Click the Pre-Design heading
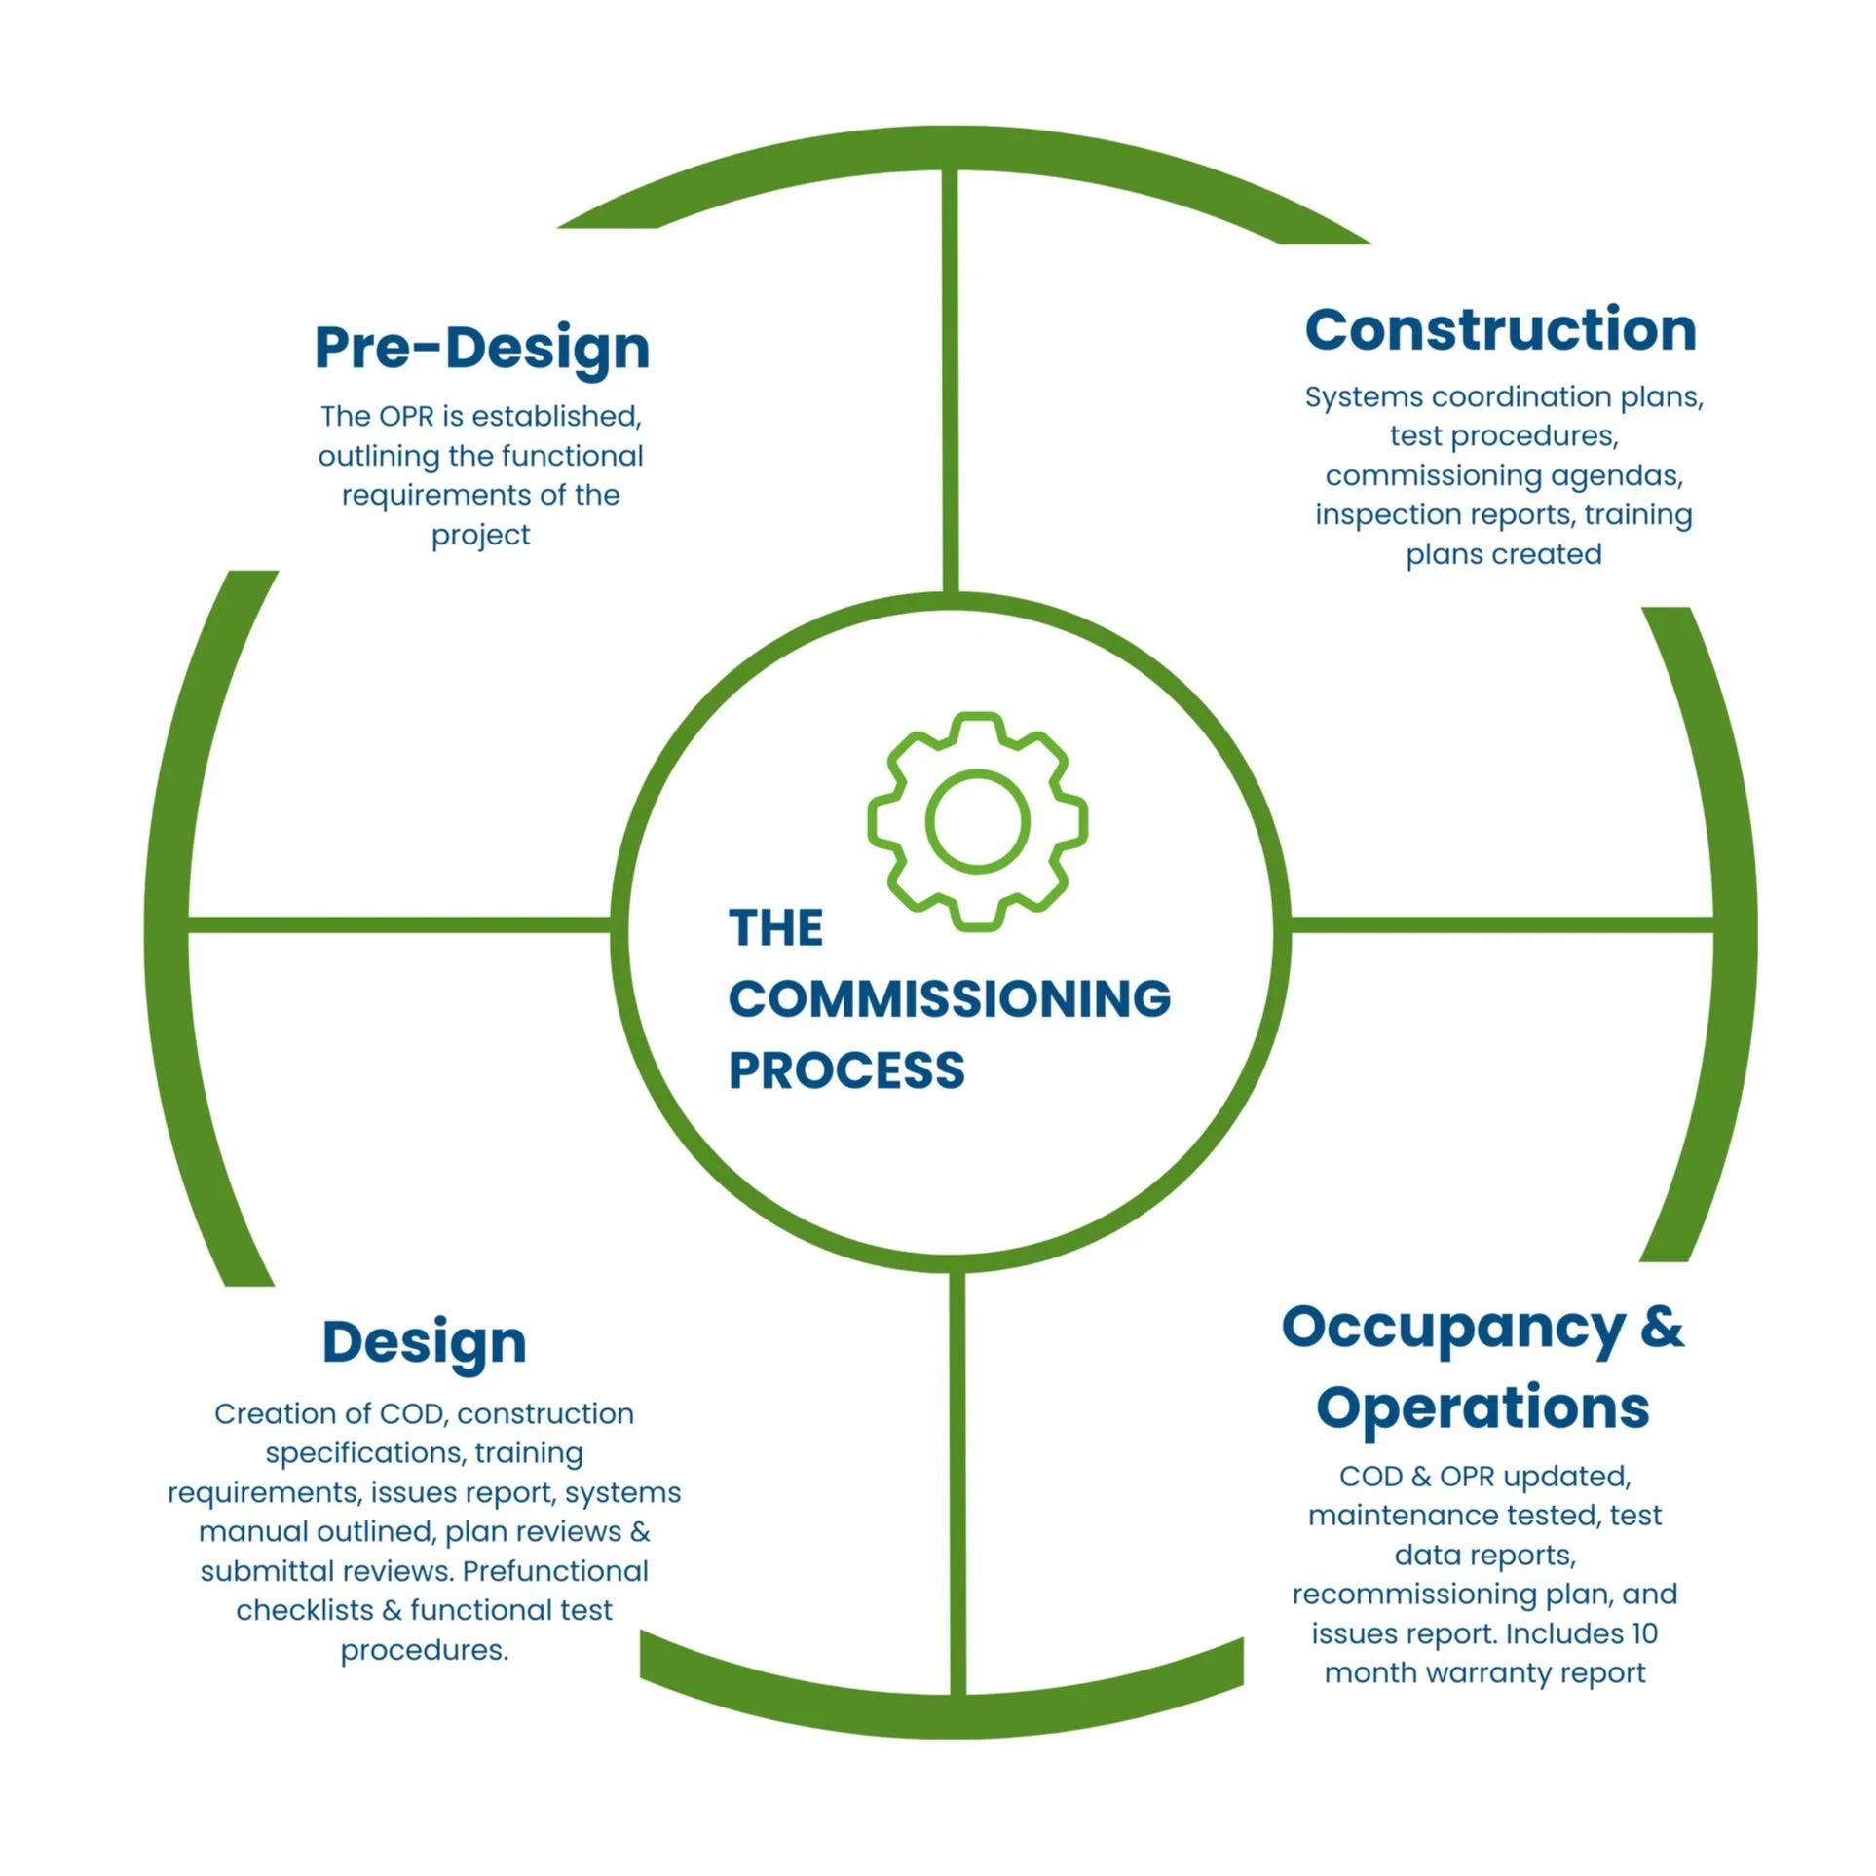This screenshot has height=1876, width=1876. click(x=481, y=348)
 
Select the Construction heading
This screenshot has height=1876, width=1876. click(x=1500, y=329)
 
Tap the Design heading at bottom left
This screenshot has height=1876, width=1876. click(x=424, y=1341)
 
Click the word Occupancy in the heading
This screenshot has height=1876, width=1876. click(x=1452, y=1328)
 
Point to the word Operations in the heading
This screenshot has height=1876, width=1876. click(x=1482, y=1407)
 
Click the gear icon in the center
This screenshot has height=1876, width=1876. click(x=977, y=821)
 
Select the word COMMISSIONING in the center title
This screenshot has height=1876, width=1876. click(x=949, y=998)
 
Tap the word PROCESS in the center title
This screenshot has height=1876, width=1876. click(x=846, y=1070)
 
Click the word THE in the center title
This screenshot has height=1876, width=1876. click(x=775, y=927)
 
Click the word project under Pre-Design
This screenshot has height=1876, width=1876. click(x=480, y=535)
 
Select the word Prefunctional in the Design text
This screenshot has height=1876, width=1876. click(x=555, y=1571)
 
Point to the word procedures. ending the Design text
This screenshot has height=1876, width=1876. click(x=424, y=1650)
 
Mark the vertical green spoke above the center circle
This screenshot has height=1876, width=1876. click(x=950, y=380)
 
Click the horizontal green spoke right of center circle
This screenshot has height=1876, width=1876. click(x=1500, y=924)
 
